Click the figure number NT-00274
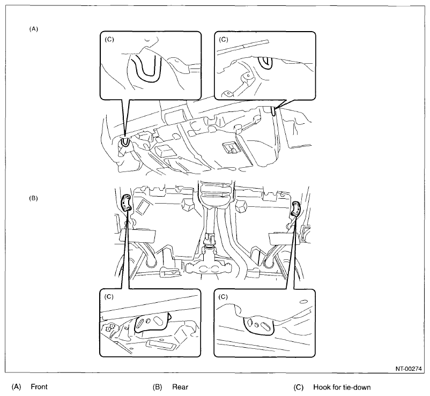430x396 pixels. click(409, 369)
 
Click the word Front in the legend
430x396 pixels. click(39, 387)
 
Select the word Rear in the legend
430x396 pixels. click(180, 387)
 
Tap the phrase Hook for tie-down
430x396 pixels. click(342, 387)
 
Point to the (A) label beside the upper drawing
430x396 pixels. click(33, 29)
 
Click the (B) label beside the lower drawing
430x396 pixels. click(33, 198)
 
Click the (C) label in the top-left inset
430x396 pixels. click(109, 40)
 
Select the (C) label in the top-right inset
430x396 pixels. click(224, 40)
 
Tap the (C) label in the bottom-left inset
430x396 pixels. click(109, 297)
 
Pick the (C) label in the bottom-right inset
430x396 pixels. click(223, 297)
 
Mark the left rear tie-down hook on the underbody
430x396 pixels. click(126, 203)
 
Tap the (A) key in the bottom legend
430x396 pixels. click(16, 387)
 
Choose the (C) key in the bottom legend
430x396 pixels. click(298, 387)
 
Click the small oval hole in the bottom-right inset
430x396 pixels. click(303, 302)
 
